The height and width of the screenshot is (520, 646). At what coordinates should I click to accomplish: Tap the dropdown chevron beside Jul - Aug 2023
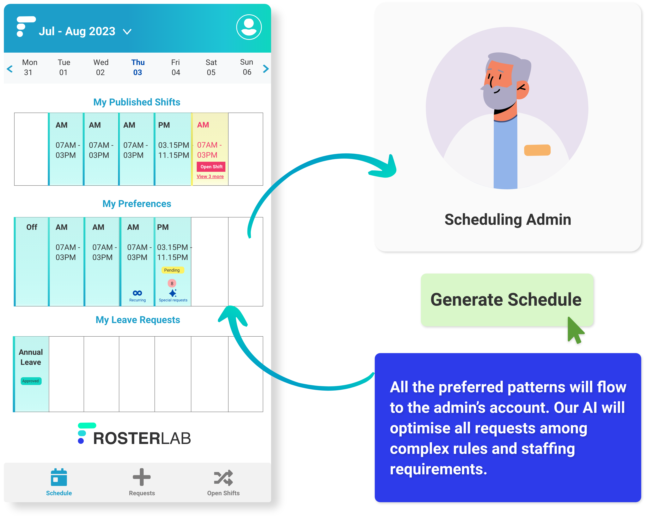(127, 32)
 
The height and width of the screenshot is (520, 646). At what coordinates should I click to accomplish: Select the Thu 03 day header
(138, 67)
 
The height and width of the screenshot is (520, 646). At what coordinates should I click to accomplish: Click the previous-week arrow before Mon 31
(10, 69)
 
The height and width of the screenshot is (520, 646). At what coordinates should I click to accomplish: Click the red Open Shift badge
(211, 167)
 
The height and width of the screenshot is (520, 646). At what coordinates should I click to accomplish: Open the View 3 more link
(210, 176)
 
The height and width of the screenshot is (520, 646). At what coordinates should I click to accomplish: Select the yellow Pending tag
(172, 270)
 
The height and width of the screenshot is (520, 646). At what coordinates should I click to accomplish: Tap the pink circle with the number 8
(172, 283)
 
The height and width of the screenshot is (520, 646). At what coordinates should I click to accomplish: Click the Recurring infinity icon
(137, 293)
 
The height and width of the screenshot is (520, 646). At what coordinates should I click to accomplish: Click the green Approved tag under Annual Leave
(31, 381)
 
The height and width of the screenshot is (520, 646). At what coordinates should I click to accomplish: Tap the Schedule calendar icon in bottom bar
(59, 477)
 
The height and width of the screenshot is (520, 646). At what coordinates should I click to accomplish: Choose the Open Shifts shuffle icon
(223, 477)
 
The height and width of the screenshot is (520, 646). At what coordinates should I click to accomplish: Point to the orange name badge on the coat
(537, 150)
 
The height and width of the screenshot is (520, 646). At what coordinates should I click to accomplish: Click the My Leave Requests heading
(138, 320)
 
